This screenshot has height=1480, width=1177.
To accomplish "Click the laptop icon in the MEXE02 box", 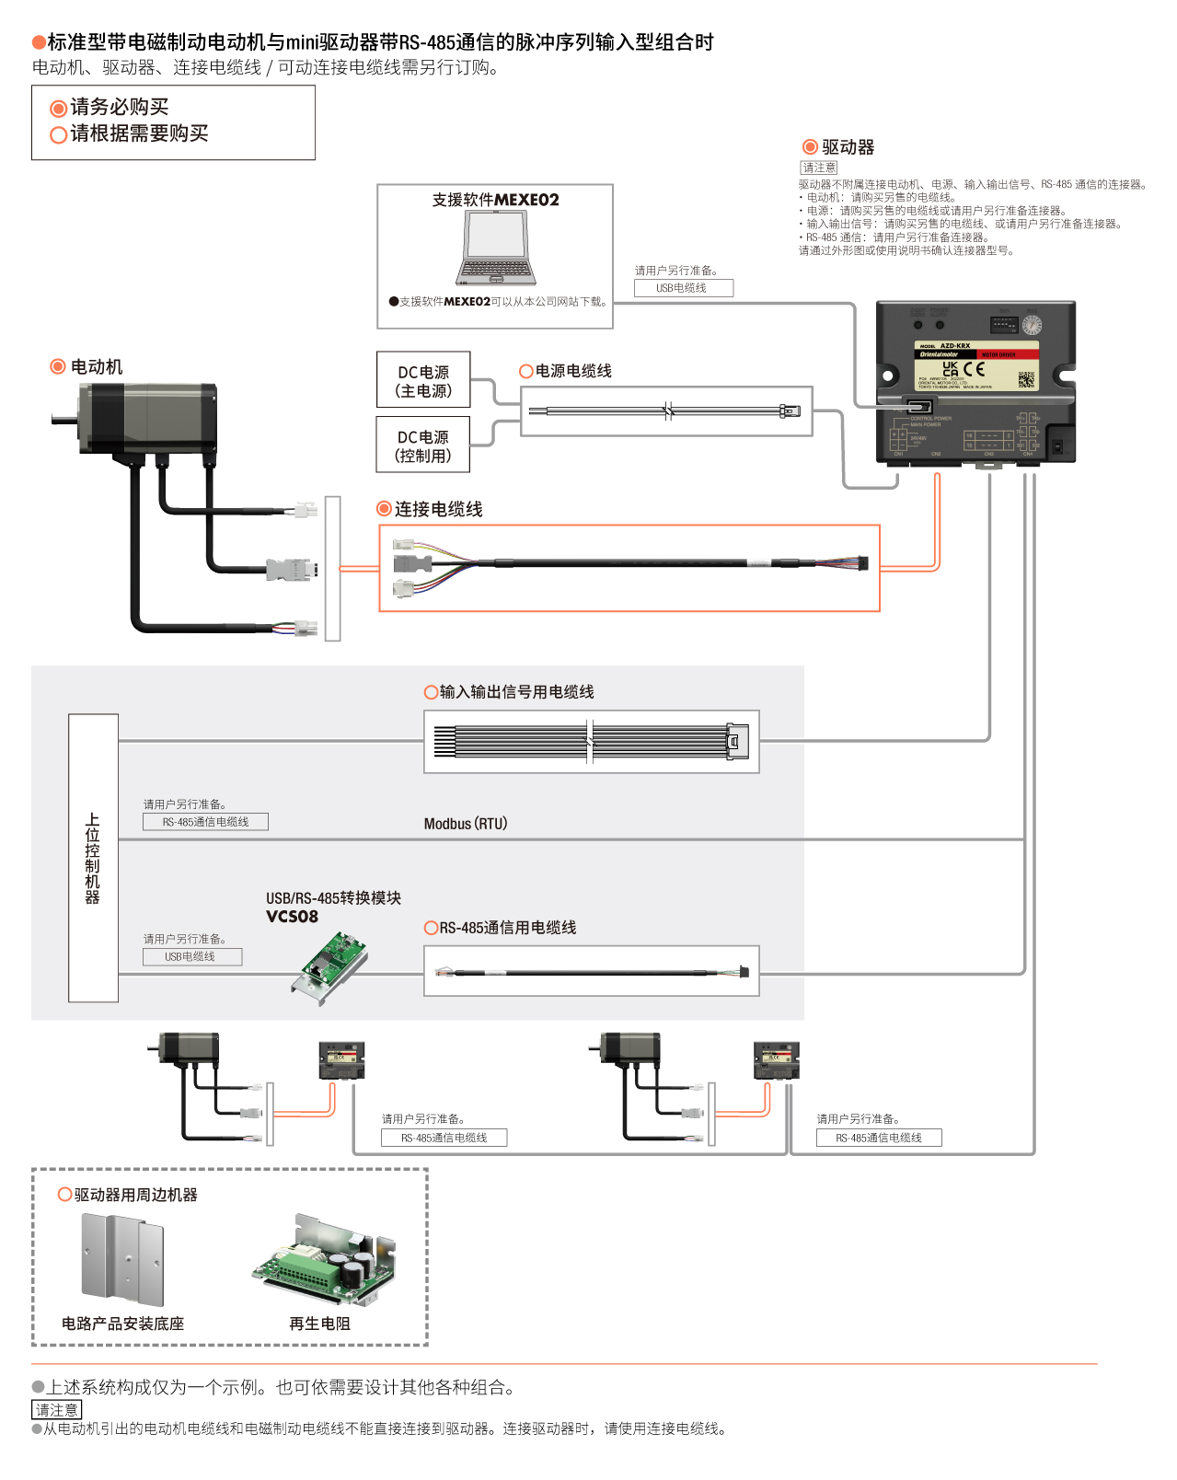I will click(496, 249).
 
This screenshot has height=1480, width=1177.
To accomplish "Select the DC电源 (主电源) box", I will click(423, 380).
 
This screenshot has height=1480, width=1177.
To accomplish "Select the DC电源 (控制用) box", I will click(423, 445).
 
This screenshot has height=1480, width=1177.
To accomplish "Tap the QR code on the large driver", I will click(1026, 378).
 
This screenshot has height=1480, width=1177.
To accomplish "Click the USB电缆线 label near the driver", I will click(683, 288).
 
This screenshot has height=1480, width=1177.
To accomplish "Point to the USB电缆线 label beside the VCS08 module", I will click(191, 957).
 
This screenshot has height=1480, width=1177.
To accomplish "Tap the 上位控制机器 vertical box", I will click(93, 858).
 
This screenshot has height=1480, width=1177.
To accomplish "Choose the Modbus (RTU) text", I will click(466, 824).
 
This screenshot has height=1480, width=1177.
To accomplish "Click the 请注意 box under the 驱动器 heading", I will click(819, 168).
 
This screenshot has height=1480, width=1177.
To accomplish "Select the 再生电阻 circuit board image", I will click(327, 1261).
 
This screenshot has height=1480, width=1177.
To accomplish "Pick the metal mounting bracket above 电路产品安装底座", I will click(122, 1258).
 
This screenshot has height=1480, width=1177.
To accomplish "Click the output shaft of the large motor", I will click(63, 421).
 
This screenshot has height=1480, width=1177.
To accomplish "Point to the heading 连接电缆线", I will click(438, 509).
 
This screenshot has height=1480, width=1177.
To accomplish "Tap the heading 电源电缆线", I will click(572, 371).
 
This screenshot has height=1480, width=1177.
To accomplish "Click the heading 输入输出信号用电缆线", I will click(516, 692).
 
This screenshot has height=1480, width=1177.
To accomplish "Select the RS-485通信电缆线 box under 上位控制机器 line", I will click(205, 822).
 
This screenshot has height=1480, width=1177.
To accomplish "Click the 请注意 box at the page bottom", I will click(57, 1410).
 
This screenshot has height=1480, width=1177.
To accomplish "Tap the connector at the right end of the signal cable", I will click(737, 741).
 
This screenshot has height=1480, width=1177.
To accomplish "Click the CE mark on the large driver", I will click(975, 369).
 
